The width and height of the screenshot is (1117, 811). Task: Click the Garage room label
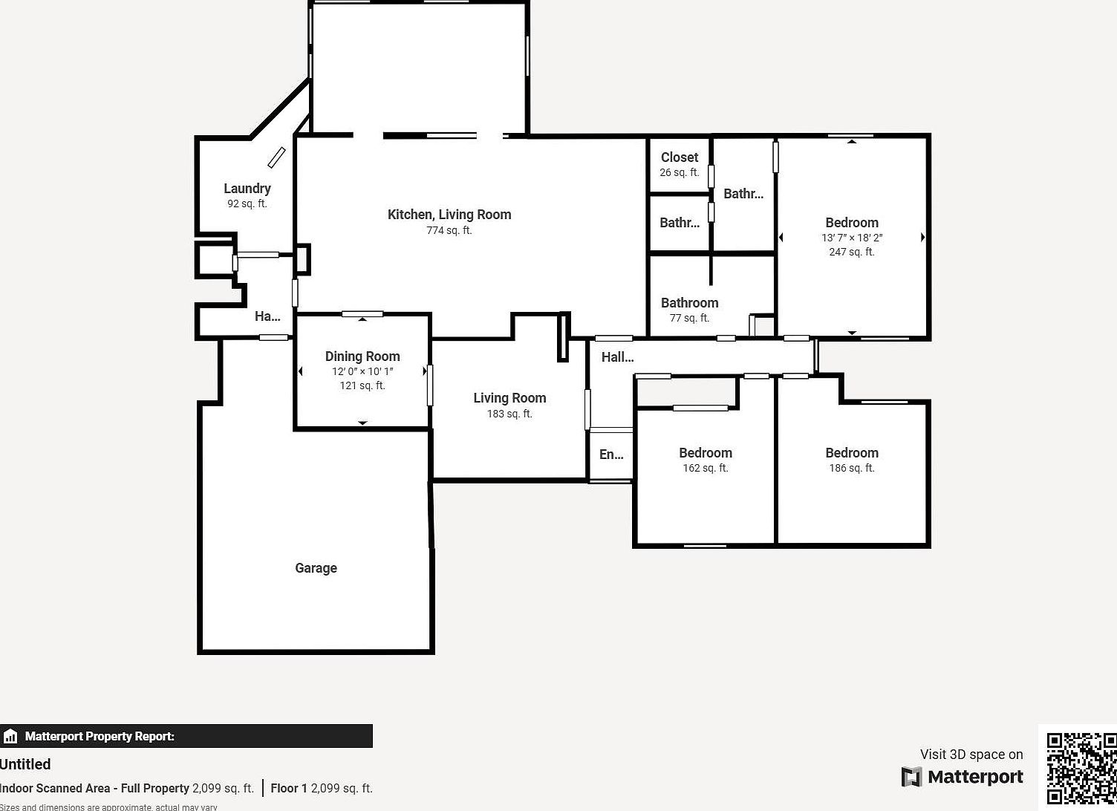pos(316,568)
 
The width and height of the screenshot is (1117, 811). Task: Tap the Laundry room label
pos(247,189)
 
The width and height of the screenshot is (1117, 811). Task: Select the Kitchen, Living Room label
pos(449,215)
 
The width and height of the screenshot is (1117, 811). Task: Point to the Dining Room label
pos(362,356)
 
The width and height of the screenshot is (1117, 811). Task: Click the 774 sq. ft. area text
pos(449,231)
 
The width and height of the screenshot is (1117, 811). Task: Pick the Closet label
pos(680,157)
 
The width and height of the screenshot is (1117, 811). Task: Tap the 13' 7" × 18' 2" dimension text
pos(852,238)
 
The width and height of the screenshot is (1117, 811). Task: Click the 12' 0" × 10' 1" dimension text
pos(362,371)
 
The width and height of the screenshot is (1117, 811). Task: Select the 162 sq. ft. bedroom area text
pos(706,468)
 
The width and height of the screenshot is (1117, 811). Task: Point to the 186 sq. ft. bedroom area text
pos(852,468)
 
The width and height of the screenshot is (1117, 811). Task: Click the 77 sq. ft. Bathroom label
pos(690,303)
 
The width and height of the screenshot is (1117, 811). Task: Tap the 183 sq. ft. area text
pos(509,414)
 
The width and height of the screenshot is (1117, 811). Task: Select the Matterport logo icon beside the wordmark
pos(911,777)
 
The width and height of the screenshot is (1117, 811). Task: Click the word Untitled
pos(25,764)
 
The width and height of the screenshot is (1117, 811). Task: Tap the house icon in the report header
pos(10,737)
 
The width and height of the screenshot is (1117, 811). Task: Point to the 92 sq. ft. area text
pos(247,203)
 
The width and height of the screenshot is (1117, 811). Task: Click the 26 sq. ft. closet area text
pos(680,172)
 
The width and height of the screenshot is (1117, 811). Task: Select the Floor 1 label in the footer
pos(289,788)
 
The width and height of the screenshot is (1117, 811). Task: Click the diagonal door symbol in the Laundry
pos(276,157)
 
